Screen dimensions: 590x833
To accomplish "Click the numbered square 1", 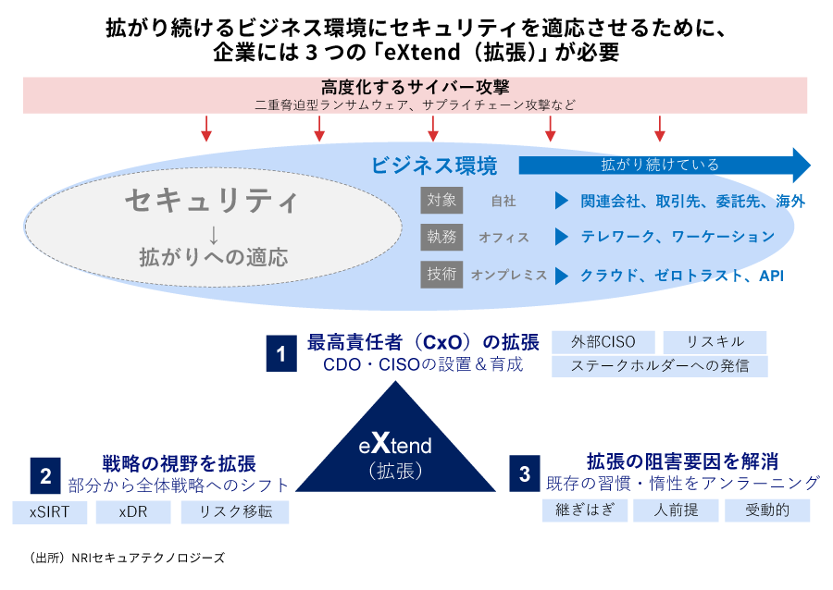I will coord(280,354).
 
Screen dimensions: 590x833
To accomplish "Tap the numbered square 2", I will coord(44,475).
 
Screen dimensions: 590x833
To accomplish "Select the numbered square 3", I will coord(525,475).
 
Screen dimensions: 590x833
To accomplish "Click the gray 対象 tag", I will coord(441,200).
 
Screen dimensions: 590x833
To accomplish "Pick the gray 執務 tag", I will coord(441,237).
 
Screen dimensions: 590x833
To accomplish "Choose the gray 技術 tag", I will coord(441,275).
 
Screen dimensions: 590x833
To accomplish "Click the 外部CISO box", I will coord(603,342).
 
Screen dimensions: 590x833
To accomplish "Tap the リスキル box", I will coord(715,342).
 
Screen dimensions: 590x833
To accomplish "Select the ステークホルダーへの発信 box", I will coord(659,366).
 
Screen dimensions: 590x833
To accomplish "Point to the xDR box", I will coord(133,511).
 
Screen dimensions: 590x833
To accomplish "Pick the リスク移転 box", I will coord(235,511).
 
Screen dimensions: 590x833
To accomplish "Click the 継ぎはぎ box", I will coord(585,510).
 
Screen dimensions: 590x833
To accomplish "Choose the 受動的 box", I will coord(766,510).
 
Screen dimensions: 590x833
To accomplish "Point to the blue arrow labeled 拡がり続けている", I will coord(663,166).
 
